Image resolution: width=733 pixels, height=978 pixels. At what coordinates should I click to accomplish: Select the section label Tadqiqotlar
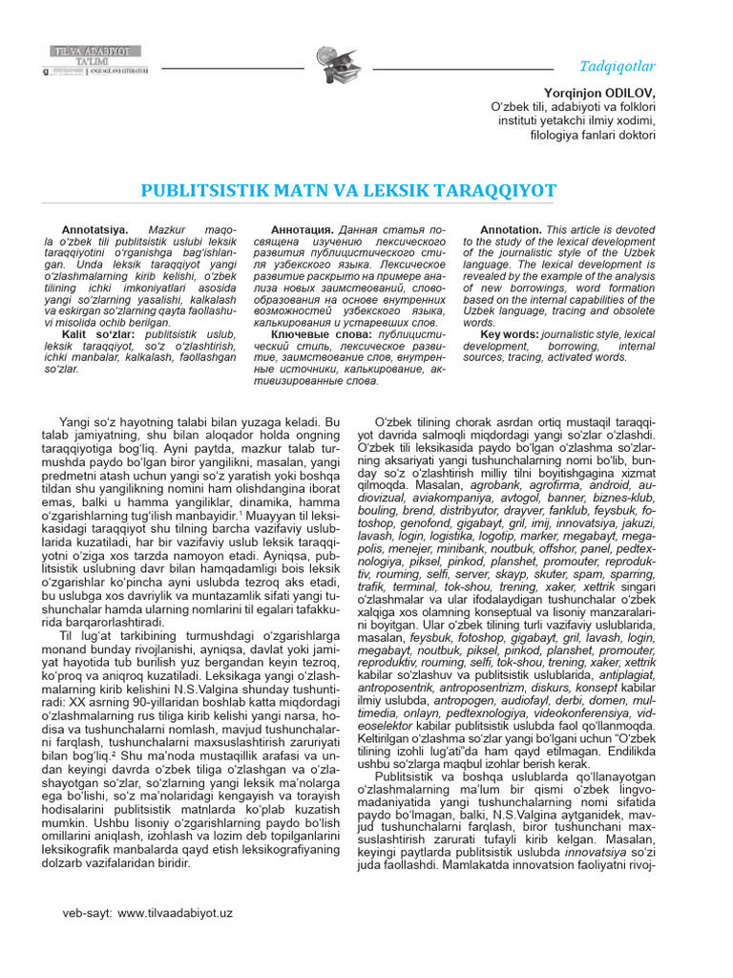click(618, 66)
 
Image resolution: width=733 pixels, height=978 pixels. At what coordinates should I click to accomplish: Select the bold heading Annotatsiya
click(94, 231)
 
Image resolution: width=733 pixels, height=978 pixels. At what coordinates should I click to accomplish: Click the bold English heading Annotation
click(511, 231)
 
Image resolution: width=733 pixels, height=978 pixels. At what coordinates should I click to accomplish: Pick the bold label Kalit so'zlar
click(95, 336)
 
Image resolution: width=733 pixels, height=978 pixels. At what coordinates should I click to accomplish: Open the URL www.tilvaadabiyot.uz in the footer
click(176, 913)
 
